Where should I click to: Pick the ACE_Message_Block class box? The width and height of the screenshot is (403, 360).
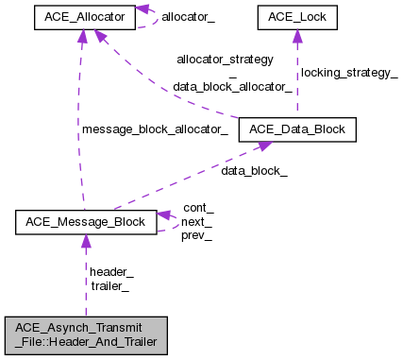click(86, 222)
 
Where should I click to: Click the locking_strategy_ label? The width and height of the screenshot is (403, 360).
click(348, 73)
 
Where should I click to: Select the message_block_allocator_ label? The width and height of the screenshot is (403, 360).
click(155, 129)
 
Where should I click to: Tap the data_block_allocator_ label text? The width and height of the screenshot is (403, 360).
click(232, 86)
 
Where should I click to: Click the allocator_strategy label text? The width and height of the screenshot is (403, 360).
click(225, 59)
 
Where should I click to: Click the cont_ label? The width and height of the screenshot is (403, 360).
click(198, 207)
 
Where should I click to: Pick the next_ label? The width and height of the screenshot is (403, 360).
click(198, 221)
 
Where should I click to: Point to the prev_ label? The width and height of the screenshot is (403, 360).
click(196, 235)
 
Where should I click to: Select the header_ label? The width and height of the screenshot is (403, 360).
click(111, 271)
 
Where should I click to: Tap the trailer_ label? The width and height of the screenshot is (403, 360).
click(109, 285)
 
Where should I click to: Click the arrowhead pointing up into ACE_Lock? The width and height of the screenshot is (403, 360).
click(296, 36)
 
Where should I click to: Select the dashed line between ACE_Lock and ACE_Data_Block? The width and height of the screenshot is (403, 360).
click(296, 85)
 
